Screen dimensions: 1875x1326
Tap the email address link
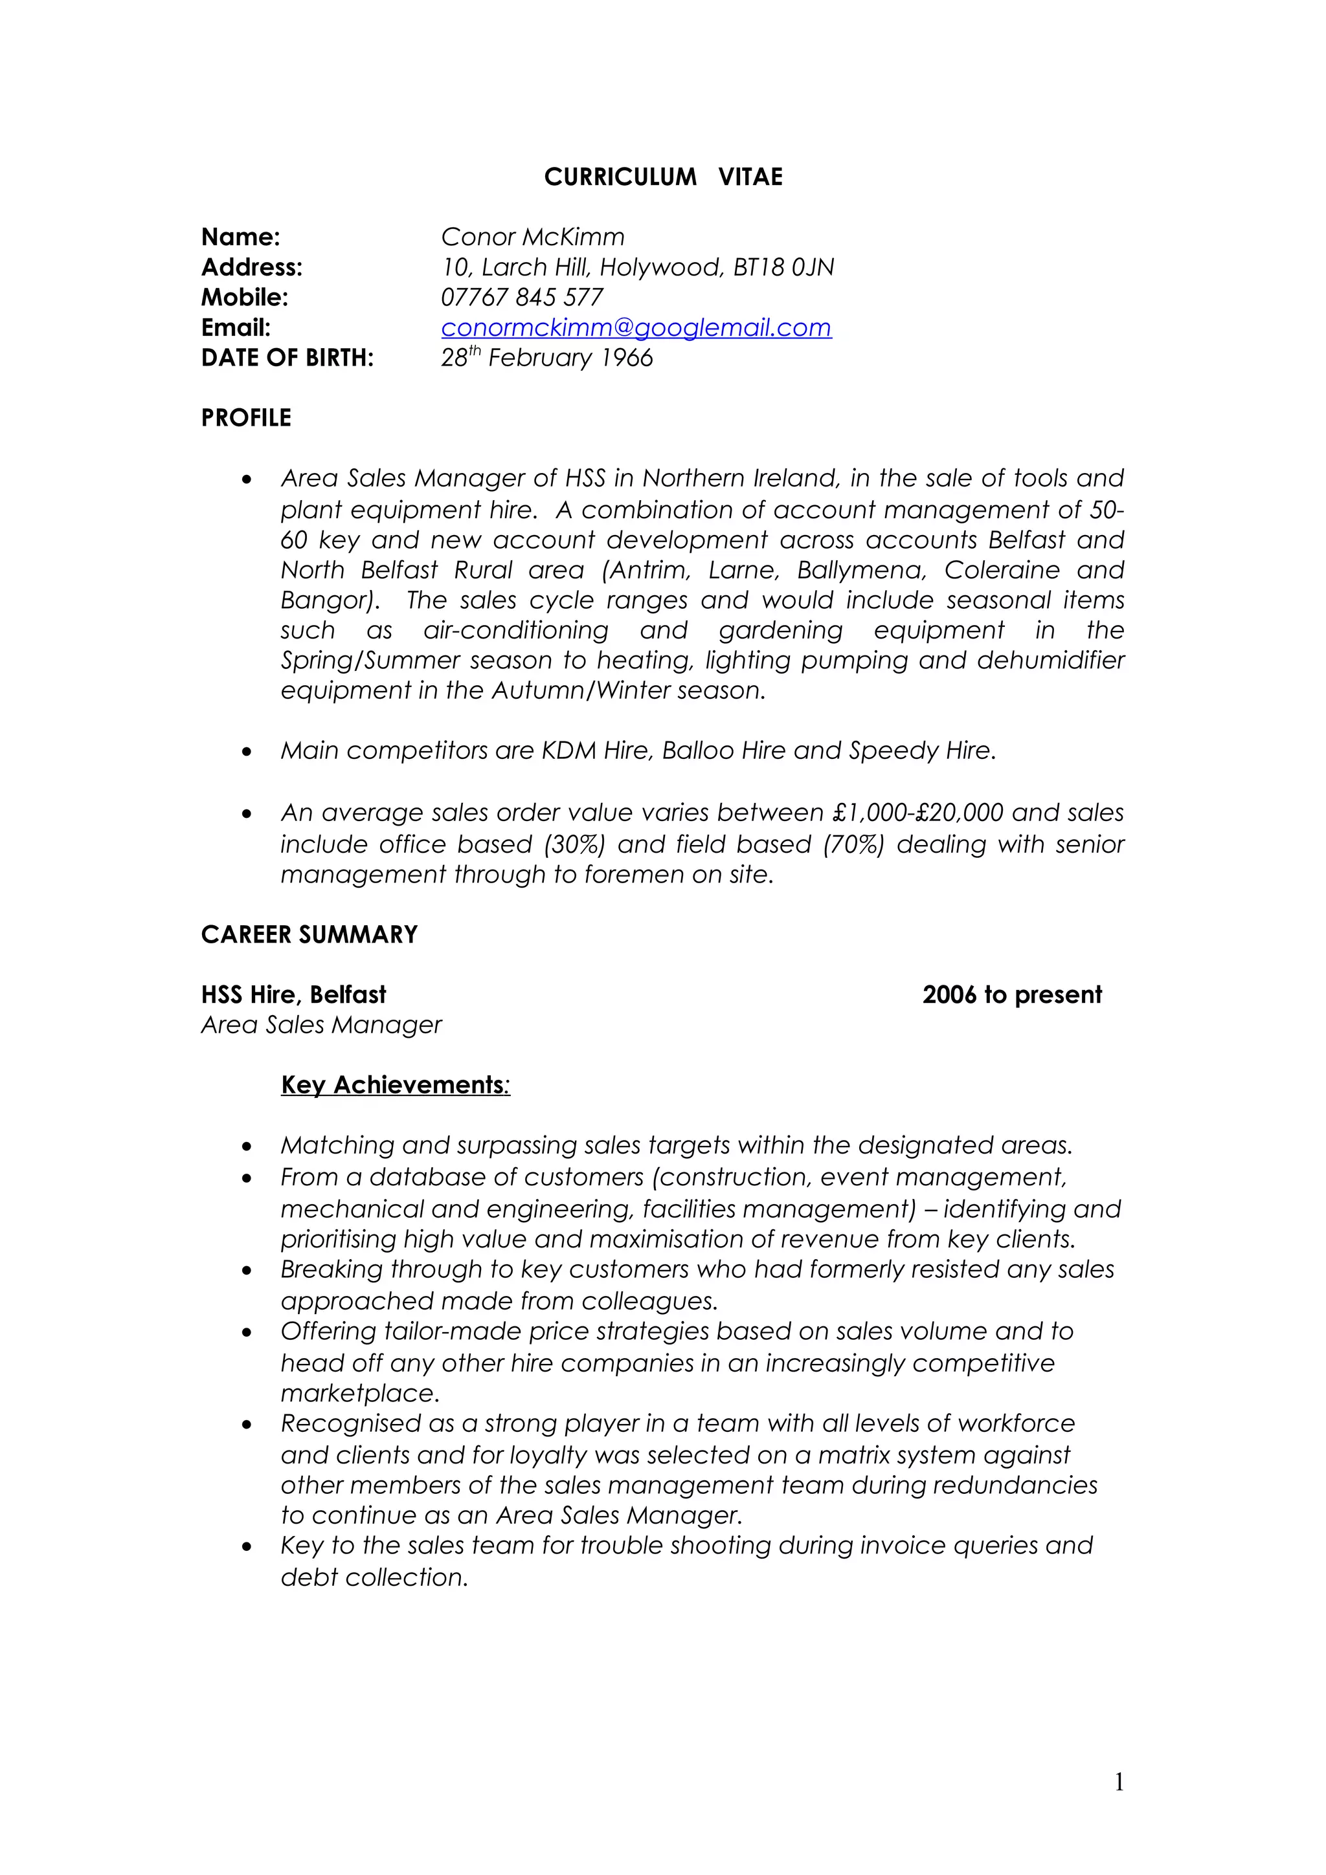[636, 327]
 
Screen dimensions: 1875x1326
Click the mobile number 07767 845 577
[521, 297]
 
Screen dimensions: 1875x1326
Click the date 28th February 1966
[546, 358]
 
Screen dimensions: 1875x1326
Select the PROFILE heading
[246, 418]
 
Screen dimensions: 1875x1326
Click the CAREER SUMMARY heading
[309, 934]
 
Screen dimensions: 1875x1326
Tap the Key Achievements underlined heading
[394, 1084]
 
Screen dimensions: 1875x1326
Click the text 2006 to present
[1011, 994]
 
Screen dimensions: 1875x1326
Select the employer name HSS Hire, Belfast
[293, 994]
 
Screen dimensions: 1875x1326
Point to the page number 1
[1118, 1782]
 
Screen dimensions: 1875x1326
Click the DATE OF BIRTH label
[287, 358]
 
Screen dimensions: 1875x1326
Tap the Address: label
[252, 267]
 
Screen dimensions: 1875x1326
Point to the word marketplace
[359, 1392]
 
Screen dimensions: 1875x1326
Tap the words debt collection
[374, 1577]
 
